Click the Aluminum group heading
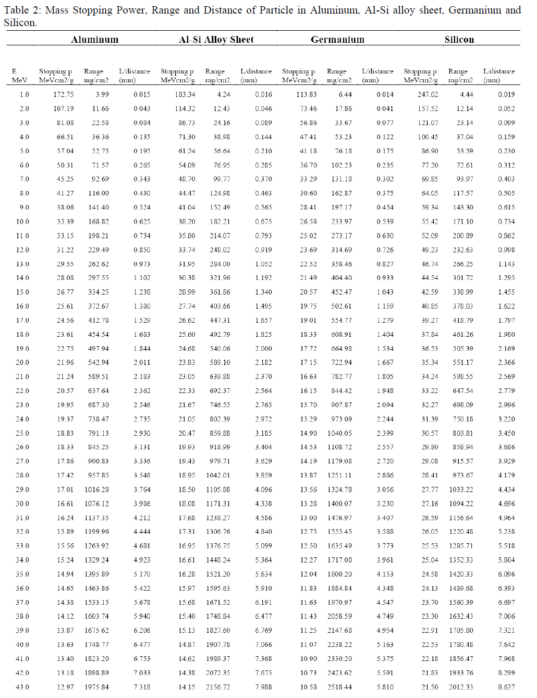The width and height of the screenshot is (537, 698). [x=94, y=40]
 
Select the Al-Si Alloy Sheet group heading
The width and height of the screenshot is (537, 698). [x=216, y=40]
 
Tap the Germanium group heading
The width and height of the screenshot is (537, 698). [x=337, y=40]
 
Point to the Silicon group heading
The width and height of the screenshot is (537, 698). [x=459, y=40]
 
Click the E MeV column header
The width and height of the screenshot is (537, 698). [x=19, y=76]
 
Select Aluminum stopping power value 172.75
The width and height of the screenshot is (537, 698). [x=63, y=94]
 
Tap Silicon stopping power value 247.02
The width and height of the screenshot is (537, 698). [x=428, y=94]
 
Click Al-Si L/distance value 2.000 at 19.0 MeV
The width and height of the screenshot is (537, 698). [x=263, y=348]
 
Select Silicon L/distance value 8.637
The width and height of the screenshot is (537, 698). [x=506, y=687]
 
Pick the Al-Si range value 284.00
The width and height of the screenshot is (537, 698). [x=219, y=264]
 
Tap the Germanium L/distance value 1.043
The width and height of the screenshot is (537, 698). [x=385, y=292]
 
